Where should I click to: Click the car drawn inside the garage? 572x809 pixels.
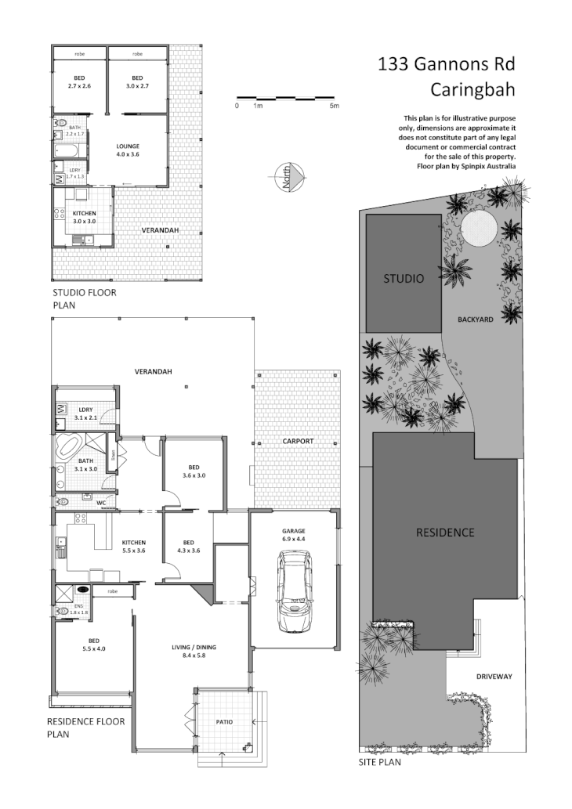[x=294, y=591]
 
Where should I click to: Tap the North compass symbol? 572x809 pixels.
[x=288, y=180]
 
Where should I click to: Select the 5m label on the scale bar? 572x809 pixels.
[x=334, y=106]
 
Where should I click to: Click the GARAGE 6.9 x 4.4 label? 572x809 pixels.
[x=294, y=535]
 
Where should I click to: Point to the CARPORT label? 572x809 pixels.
[x=298, y=441]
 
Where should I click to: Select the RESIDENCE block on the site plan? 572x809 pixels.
[x=444, y=533]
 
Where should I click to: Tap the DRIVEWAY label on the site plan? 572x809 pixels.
[x=494, y=676]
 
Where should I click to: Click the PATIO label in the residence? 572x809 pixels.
[x=224, y=721]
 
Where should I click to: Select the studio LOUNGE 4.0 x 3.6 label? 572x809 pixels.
[x=128, y=150]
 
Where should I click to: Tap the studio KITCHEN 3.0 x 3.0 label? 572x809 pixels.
[x=85, y=217]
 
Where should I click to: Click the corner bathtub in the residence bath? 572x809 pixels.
[x=67, y=450]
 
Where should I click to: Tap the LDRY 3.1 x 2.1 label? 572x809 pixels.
[x=86, y=413]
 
